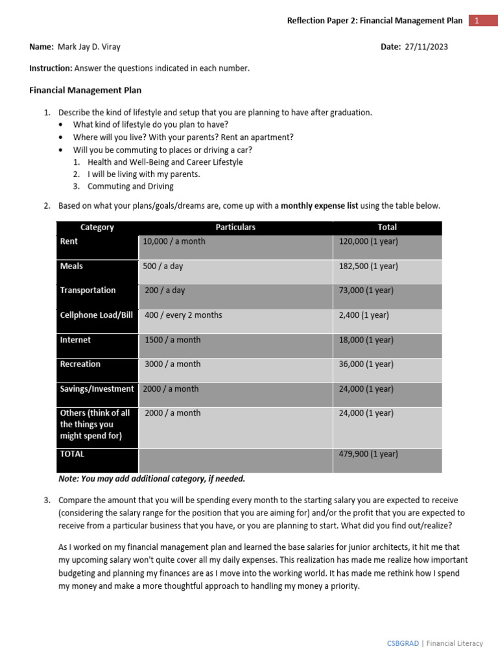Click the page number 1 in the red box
coord(477,21)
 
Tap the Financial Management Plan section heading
coord(85,90)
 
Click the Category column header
coord(97,227)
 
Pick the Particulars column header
coord(235,227)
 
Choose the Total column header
coord(387,227)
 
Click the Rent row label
coord(69,241)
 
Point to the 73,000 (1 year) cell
coord(366,290)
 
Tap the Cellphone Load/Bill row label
coord(96,315)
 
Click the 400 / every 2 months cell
coord(183,315)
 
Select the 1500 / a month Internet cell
coord(172,340)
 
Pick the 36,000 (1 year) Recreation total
coord(366,364)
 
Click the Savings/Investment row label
coord(97,389)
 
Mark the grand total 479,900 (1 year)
coord(368,454)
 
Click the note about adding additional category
coord(152,479)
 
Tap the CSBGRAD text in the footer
coord(402,643)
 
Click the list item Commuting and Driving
coord(130,187)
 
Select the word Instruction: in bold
coord(51,68)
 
